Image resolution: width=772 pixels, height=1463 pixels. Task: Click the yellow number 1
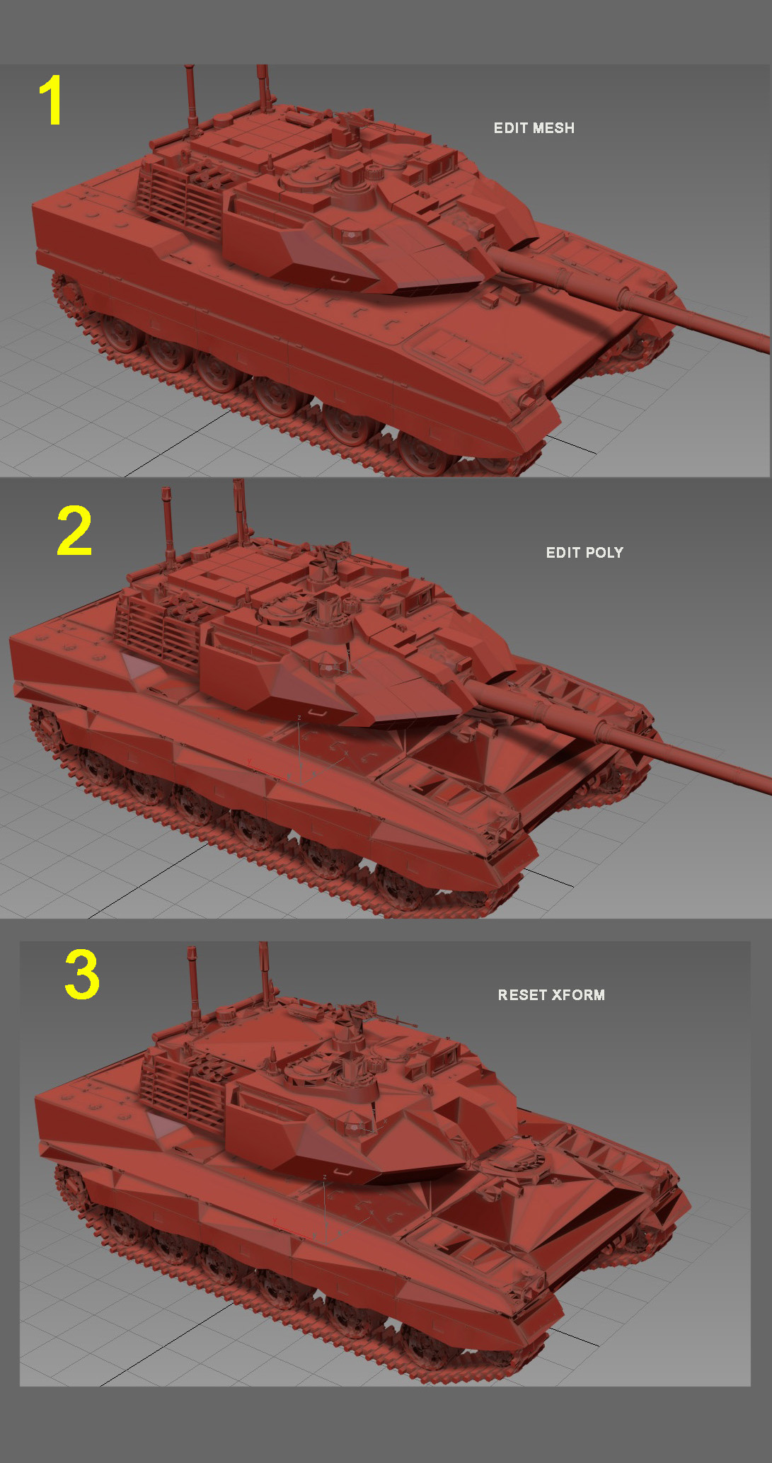coord(51,101)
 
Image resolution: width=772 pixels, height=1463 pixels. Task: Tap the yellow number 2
coord(74,530)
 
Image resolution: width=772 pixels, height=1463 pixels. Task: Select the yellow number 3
coord(81,974)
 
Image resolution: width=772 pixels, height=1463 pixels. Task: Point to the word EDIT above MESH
coord(510,128)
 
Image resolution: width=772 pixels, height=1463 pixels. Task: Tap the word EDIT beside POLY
coord(563,553)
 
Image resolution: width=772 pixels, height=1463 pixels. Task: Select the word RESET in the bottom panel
coord(522,995)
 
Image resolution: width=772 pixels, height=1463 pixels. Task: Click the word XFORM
coord(579,995)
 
